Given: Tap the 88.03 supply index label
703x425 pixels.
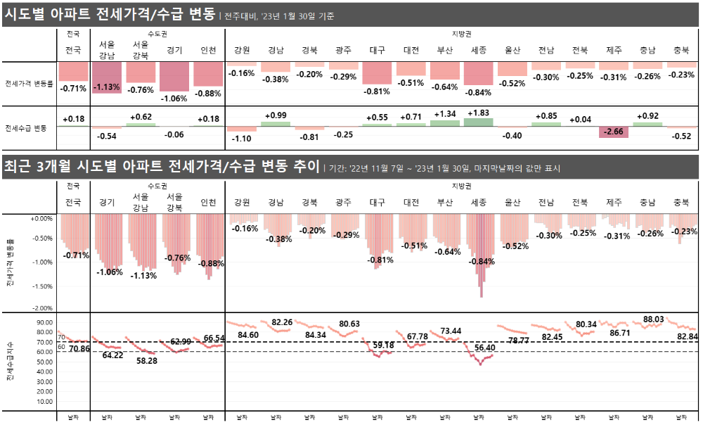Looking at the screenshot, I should (x=653, y=319).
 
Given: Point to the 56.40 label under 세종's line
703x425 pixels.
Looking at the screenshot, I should (x=485, y=348).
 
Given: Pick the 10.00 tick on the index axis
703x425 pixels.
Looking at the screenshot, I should (x=44, y=402).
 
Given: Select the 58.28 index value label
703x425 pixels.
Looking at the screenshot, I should (x=147, y=360).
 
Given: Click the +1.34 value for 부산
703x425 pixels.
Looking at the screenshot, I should (x=446, y=114).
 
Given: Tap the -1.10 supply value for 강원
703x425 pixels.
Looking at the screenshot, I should (x=242, y=138).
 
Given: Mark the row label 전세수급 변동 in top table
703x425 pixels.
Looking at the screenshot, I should (x=26, y=128).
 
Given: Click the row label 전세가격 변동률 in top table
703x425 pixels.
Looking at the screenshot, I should (x=26, y=82).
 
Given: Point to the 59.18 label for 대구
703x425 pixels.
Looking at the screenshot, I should (x=383, y=345).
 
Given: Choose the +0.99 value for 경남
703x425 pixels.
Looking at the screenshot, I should (x=276, y=115).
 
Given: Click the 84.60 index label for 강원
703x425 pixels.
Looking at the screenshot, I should (x=248, y=335).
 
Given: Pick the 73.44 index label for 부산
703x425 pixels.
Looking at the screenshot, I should (x=451, y=331).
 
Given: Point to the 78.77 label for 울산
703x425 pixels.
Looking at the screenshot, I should (x=518, y=340).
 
